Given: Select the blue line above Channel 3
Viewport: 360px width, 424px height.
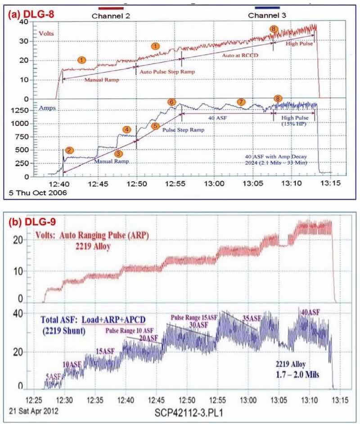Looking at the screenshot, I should pos(267,8).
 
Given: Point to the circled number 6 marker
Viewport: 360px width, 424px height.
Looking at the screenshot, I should pos(171,102).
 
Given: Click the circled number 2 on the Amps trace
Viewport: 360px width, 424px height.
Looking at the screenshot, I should pos(69,150).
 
